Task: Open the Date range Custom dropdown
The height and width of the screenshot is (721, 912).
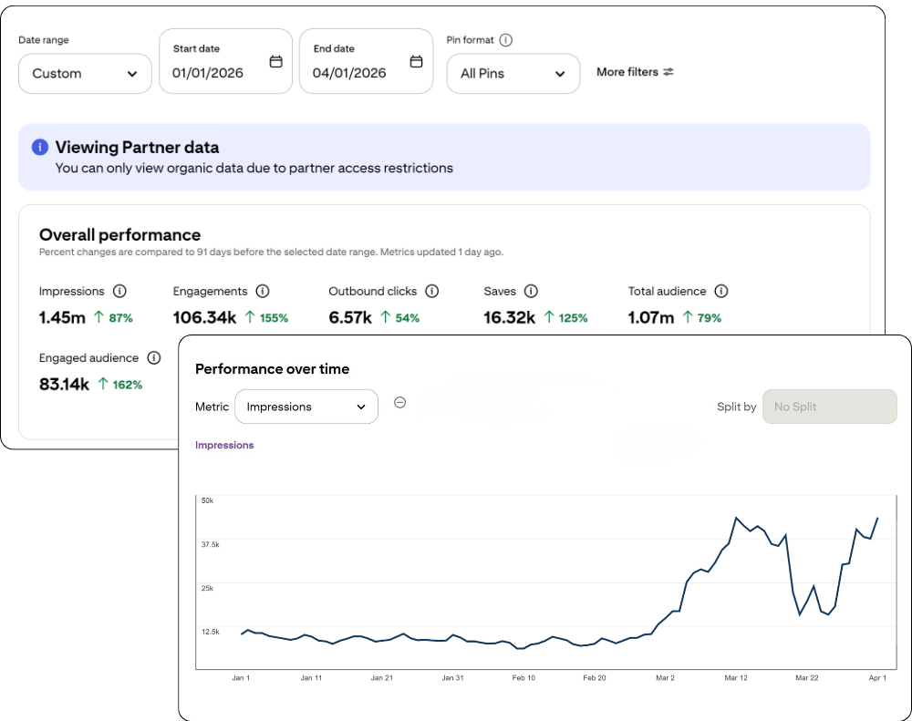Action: pos(85,74)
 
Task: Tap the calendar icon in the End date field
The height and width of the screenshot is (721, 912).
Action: pos(416,62)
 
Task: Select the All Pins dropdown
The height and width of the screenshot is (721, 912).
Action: pos(513,74)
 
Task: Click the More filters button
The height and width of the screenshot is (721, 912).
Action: pos(635,72)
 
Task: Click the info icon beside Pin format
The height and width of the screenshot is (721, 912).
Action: pos(506,40)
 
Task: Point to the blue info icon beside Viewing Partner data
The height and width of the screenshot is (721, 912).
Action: pos(40,148)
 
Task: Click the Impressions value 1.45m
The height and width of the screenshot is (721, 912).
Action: pos(62,318)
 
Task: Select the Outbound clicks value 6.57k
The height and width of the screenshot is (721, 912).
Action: pos(350,318)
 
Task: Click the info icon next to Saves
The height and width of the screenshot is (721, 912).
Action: pos(531,292)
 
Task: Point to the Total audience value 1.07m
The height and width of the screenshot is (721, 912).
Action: pos(651,318)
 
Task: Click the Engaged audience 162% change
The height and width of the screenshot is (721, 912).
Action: pos(119,385)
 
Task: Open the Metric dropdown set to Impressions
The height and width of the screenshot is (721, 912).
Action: pos(306,407)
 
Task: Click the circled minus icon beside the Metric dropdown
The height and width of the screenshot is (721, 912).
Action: pos(399,403)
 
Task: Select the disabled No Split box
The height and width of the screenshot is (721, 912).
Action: pos(829,407)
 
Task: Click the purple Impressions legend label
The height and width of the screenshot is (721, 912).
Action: pos(224,446)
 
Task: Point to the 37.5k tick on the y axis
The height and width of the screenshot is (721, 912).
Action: pos(210,544)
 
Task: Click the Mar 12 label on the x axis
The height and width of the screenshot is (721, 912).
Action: pos(736,678)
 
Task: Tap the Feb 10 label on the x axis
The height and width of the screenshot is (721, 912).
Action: pos(523,678)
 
